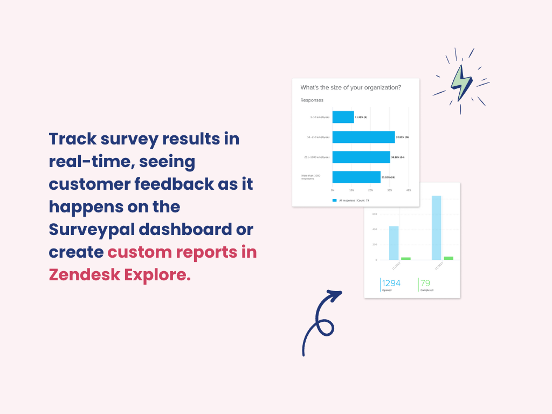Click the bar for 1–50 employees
pyautogui.click(x=343, y=117)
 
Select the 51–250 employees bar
pyautogui.click(x=363, y=137)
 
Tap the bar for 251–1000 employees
pyautogui.click(x=361, y=157)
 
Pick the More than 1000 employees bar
pyautogui.click(x=356, y=177)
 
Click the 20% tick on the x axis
pyautogui.click(x=370, y=190)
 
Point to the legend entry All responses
pyautogui.click(x=350, y=200)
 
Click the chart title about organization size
pyautogui.click(x=350, y=87)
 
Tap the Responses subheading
pyautogui.click(x=312, y=100)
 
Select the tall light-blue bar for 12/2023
pyautogui.click(x=437, y=227)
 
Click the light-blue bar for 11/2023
pyautogui.click(x=394, y=243)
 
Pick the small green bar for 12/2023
pyautogui.click(x=448, y=258)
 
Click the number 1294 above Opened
pyautogui.click(x=391, y=283)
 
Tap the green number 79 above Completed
pyautogui.click(x=425, y=283)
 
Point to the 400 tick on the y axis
pyautogui.click(x=374, y=229)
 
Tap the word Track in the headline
pyautogui.click(x=72, y=139)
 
